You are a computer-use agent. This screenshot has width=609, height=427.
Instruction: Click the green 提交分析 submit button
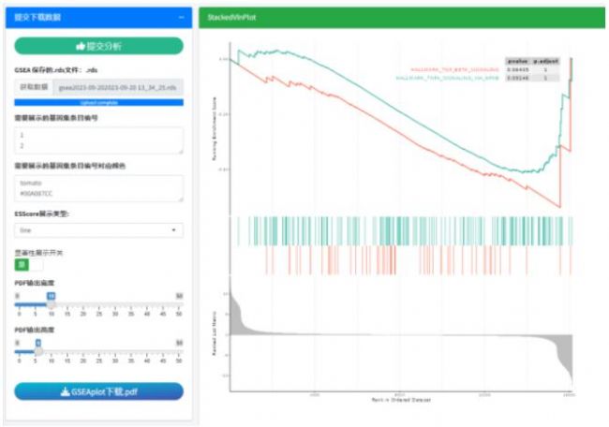98,46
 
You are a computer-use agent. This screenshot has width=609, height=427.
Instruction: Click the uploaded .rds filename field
118,87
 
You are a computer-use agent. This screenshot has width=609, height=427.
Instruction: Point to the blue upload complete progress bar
98,101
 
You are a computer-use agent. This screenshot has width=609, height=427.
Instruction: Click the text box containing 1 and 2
98,140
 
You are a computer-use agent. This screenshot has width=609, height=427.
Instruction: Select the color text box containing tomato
98,187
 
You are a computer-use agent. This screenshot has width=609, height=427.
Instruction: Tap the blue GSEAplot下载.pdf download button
98,391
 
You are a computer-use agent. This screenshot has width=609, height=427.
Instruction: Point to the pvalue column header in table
517,60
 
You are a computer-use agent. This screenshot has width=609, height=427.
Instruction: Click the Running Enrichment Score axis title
215,130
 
